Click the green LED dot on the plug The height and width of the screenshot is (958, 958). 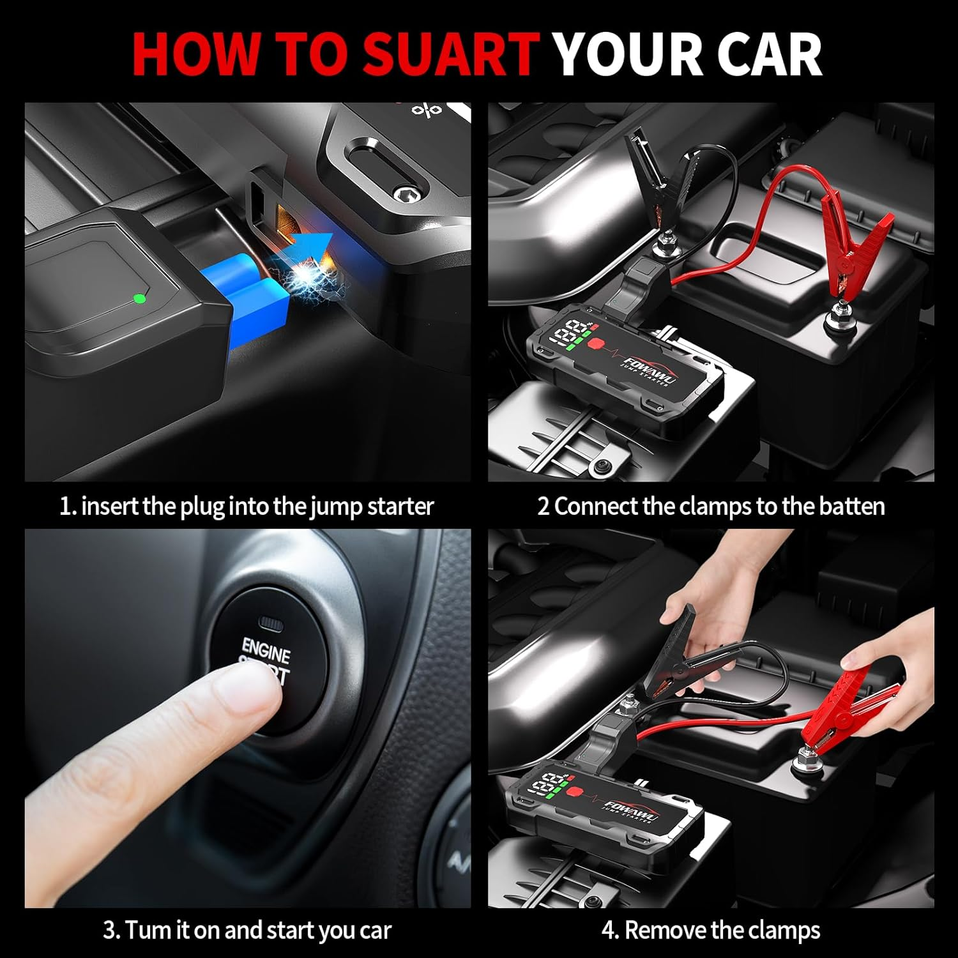coord(139,298)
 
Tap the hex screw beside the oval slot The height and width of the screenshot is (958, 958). coord(402,192)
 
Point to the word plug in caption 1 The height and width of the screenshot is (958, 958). coord(202,507)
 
